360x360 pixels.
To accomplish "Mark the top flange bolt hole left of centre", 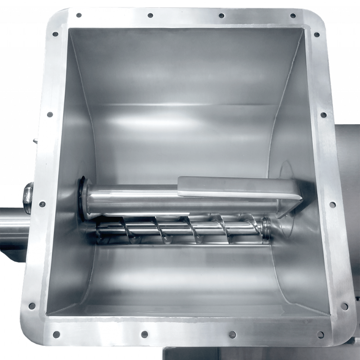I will coord(150,15).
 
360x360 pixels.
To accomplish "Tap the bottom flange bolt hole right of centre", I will coord(232,335).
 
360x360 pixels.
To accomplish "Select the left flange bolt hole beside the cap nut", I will coord(42,204).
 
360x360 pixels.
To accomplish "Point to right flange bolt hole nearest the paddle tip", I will coord(332,204).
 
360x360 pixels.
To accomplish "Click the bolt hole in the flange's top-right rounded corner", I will coord(316,34).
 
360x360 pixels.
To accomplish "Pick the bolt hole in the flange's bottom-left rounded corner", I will coord(32,306).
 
